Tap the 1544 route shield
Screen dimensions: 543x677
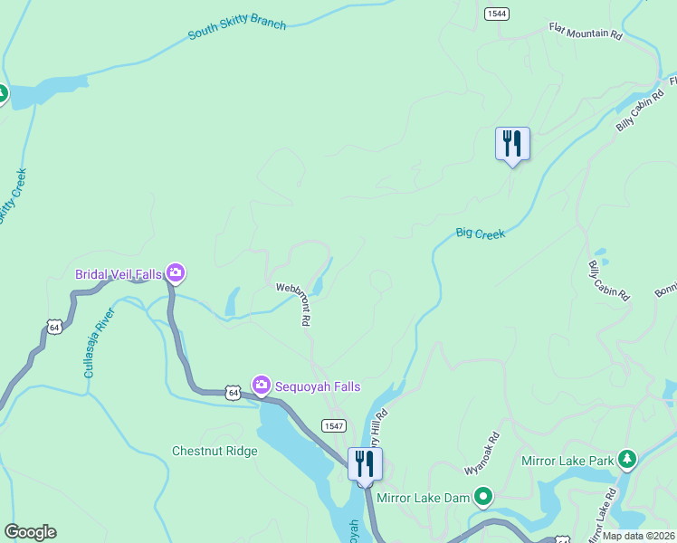pyautogui.click(x=496, y=14)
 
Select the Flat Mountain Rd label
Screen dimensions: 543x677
pyautogui.click(x=586, y=33)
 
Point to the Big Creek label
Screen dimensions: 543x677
pyautogui.click(x=480, y=233)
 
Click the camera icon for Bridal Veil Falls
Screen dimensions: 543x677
pyautogui.click(x=176, y=271)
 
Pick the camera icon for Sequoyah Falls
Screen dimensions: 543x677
pyautogui.click(x=262, y=386)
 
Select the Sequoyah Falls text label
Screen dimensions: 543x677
pyautogui.click(x=319, y=387)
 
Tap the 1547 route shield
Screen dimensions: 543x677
pyautogui.click(x=334, y=425)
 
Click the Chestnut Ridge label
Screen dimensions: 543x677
pyautogui.click(x=215, y=451)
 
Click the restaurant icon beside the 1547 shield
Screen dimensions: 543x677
pyautogui.click(x=365, y=464)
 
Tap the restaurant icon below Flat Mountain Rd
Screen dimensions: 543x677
pyautogui.click(x=512, y=144)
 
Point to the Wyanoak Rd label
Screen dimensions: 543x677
pyautogui.click(x=482, y=459)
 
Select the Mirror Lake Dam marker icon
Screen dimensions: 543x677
pyautogui.click(x=484, y=496)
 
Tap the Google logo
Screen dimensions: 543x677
pyautogui.click(x=30, y=532)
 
